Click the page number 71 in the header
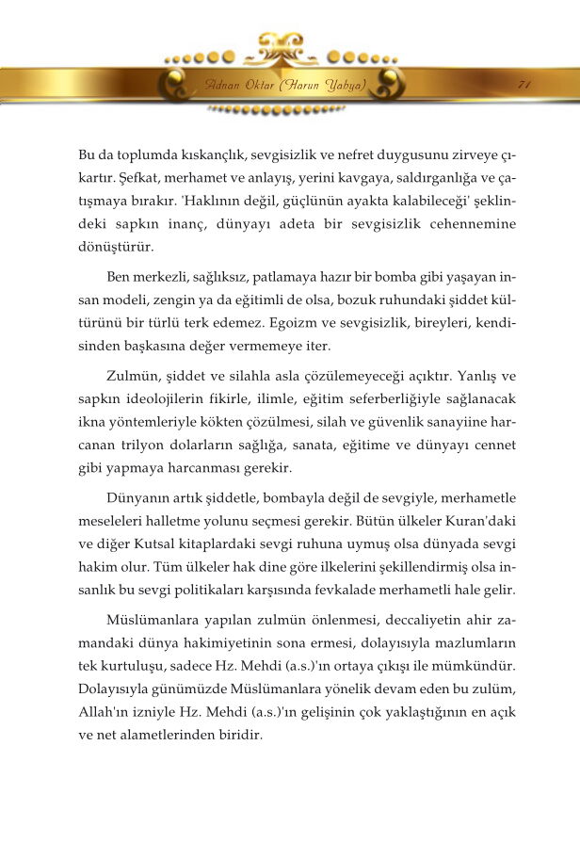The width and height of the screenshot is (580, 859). tap(524, 85)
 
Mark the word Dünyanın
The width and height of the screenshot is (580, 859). tap(140, 498)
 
